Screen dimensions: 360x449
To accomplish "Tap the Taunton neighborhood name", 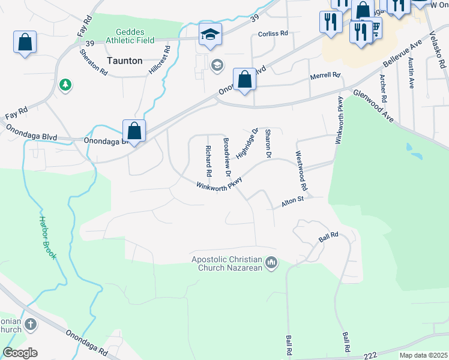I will tap(125, 61).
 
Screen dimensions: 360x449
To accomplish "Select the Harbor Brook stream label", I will tap(47, 237).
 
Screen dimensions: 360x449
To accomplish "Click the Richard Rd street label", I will tap(208, 161).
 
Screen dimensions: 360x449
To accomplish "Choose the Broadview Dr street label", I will tap(227, 157).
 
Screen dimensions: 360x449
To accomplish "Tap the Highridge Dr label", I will tap(247, 144).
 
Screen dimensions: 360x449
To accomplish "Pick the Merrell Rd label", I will tap(325, 76).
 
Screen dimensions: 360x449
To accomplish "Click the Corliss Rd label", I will tap(273, 34).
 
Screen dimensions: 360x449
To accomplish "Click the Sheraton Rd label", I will tap(93, 62).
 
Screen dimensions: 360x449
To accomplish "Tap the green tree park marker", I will tap(65, 86).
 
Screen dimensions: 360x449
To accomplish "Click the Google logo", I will tap(20, 353).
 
